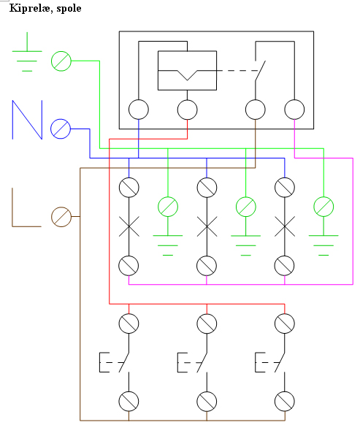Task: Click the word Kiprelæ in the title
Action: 30,8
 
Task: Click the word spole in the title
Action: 69,9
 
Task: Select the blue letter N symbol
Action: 27,120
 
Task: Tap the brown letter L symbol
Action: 26,207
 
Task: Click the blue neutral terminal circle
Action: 61,129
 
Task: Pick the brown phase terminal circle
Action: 61,217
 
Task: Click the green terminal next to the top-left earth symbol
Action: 61,61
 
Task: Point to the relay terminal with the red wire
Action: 188,110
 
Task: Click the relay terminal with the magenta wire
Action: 294,110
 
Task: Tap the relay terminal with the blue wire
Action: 139,110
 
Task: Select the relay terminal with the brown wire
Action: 256,110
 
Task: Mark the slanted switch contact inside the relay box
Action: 260,71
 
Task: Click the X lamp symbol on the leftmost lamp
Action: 129,226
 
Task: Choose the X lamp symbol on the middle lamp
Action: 207,226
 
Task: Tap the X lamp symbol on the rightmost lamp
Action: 285,226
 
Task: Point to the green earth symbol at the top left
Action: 27,51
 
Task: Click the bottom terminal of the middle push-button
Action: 207,402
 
